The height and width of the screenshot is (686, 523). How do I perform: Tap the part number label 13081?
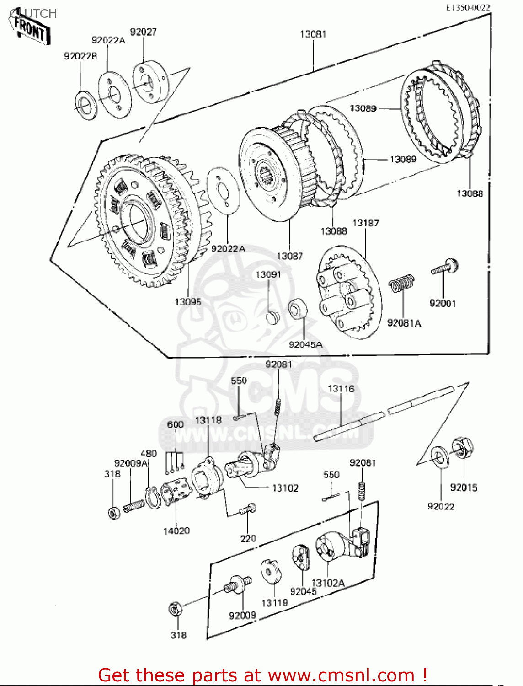click(x=313, y=34)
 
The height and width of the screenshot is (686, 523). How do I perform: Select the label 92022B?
click(x=80, y=56)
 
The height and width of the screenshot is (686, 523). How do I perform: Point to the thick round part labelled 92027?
click(x=150, y=83)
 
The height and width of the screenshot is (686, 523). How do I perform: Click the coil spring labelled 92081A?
click(x=402, y=284)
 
